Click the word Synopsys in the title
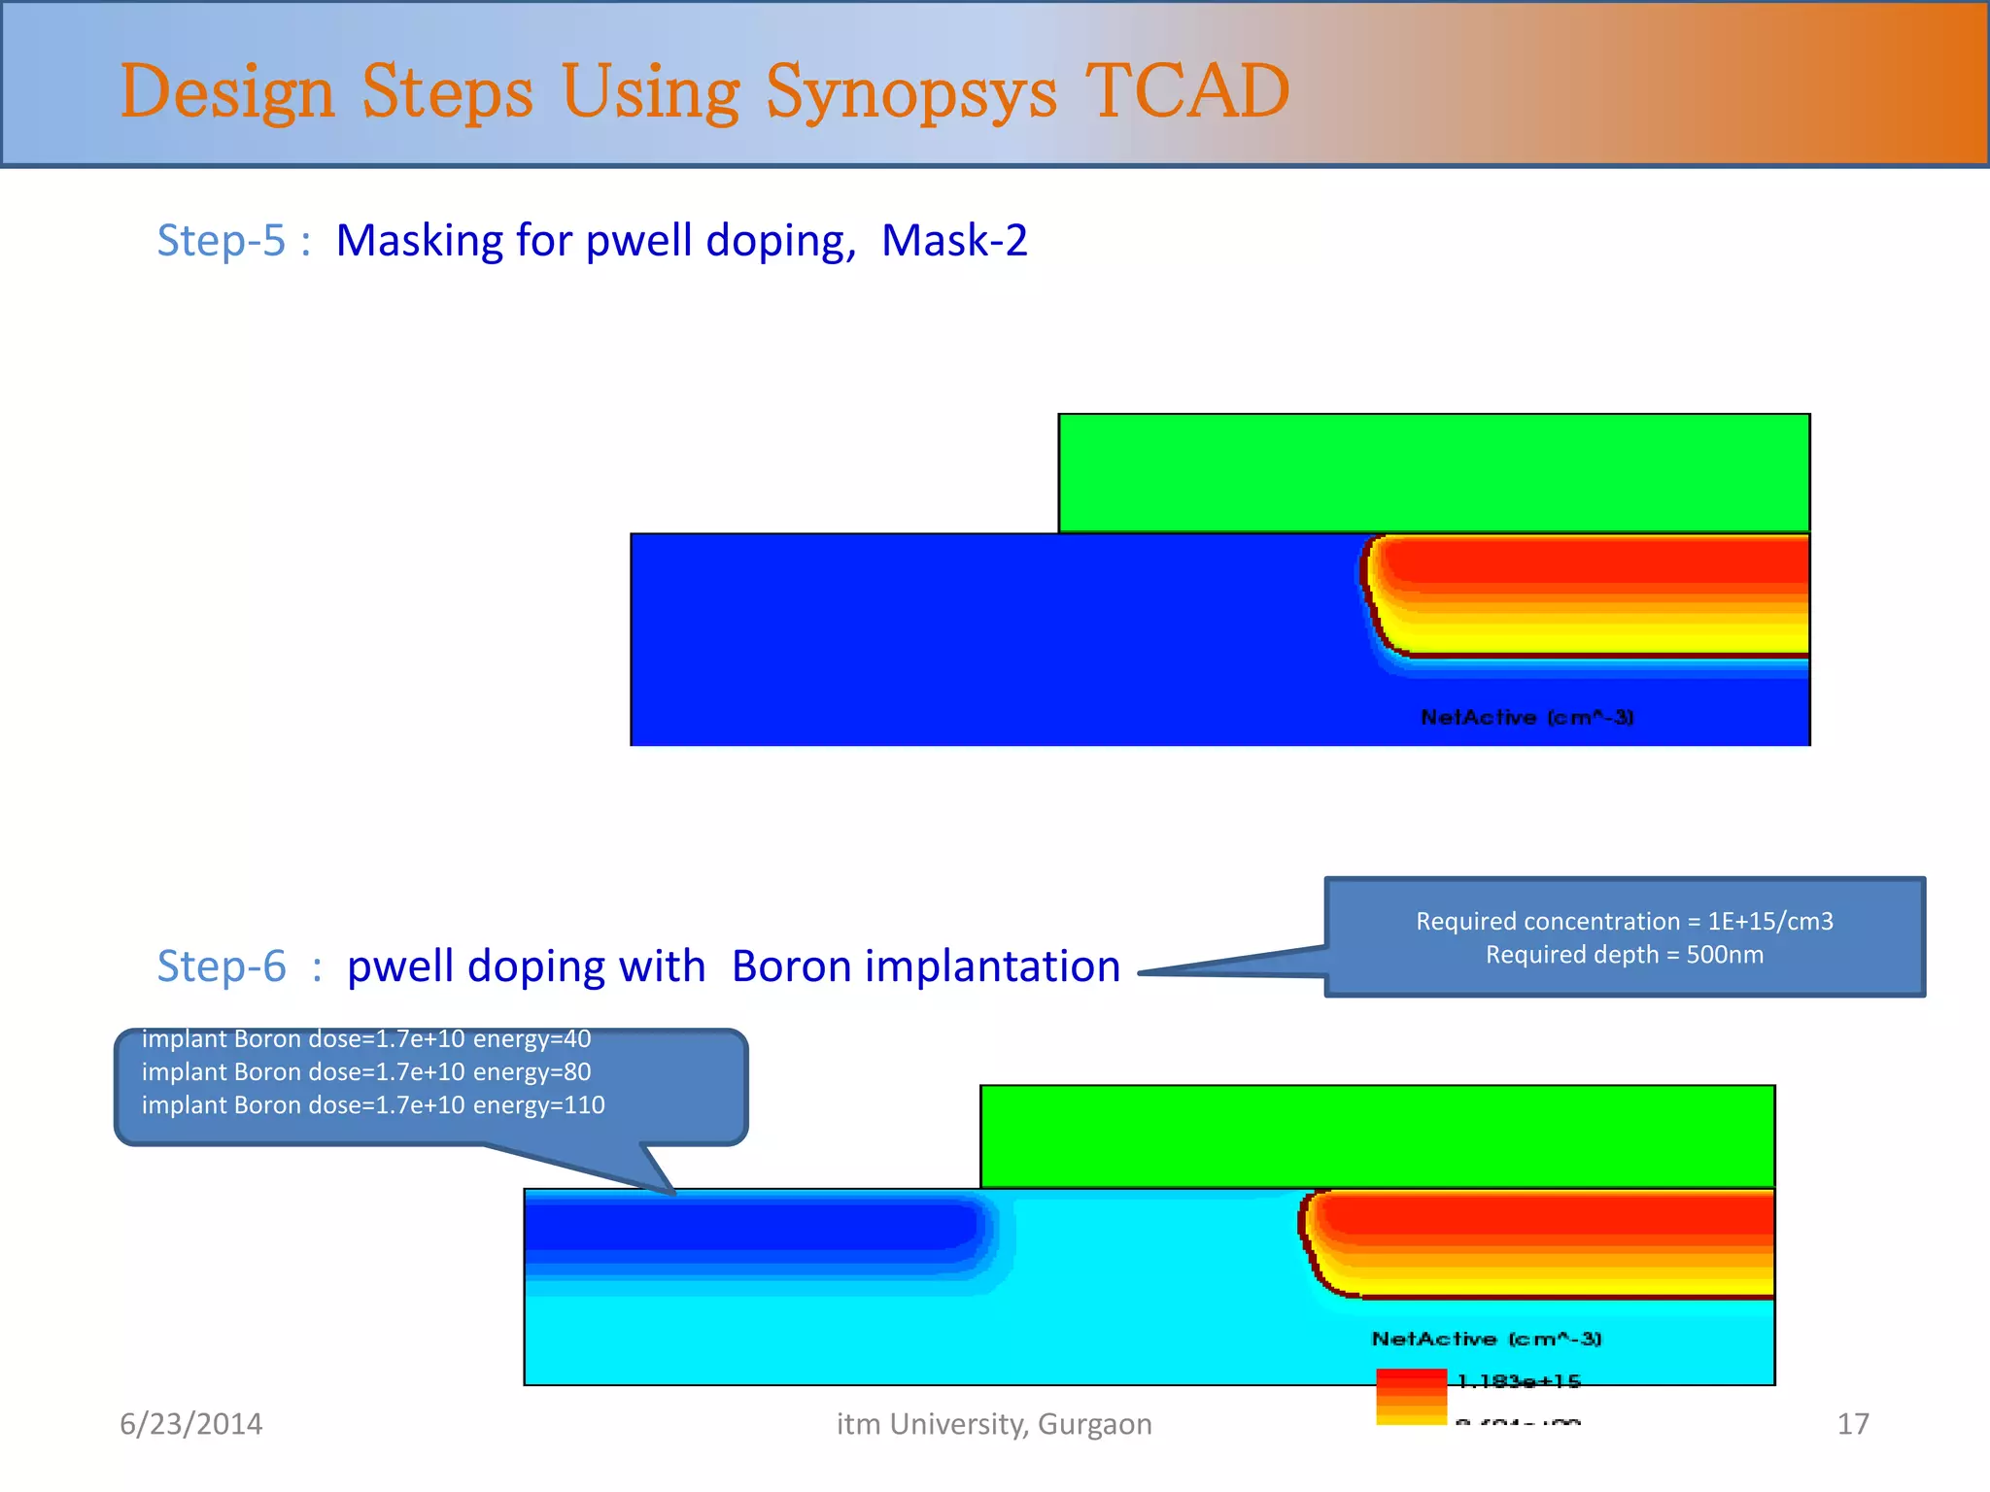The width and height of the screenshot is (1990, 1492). coord(910,92)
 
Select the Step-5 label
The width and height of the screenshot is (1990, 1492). coord(222,240)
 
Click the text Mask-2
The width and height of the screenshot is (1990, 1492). coord(953,240)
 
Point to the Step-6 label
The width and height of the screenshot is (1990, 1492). coord(222,966)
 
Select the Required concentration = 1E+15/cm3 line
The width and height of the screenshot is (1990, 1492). coord(1624,921)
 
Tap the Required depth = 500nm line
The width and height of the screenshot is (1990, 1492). coord(1624,954)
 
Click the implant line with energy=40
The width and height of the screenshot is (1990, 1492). coord(366,1038)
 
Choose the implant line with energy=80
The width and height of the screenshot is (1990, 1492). coord(366,1071)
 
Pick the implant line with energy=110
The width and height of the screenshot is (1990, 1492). coord(373,1104)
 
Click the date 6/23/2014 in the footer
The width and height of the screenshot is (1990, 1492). coord(190,1423)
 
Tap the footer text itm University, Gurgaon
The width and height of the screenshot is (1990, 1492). coord(994,1423)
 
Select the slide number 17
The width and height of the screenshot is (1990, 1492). coord(1852,1423)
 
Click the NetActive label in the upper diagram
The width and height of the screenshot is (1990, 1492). coord(1527,717)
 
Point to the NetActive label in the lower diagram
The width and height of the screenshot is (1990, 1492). coord(1486,1339)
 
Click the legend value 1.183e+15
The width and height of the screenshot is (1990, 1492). coord(1519,1380)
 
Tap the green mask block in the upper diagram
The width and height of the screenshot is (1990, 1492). coord(1433,473)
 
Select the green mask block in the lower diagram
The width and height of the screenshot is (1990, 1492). coord(1377,1136)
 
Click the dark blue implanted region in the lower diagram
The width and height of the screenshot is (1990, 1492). coord(748,1226)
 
